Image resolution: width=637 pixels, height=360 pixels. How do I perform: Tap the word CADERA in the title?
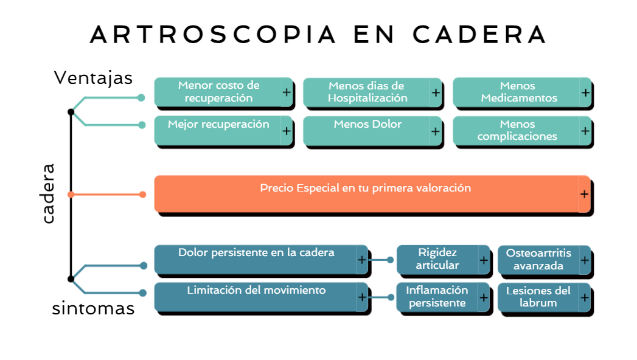pos(479,34)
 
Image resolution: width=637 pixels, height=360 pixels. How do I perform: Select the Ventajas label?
pos(93,78)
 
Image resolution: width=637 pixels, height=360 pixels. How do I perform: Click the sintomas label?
pos(93,308)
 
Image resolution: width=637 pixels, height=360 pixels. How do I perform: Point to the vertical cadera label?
pos(49,193)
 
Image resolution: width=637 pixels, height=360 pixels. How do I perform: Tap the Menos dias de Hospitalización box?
pos(366,92)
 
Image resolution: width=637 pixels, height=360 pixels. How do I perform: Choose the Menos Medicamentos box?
pos(518,92)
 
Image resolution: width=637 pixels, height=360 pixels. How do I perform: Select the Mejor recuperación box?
pos(218,130)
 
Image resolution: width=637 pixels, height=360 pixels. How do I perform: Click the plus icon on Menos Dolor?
pos(436,131)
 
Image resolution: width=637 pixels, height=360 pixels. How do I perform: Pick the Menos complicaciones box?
pos(517,130)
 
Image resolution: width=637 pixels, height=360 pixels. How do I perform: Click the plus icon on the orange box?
pos(584,194)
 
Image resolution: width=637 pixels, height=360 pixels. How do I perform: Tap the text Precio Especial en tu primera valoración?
pos(365,189)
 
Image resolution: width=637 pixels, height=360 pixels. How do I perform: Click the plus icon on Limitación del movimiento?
pos(361,297)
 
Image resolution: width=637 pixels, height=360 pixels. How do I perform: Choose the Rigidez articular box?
pos(437,259)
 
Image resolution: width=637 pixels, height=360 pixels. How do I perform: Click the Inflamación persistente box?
pos(437,297)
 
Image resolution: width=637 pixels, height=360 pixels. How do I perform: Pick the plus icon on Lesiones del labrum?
pos(584,297)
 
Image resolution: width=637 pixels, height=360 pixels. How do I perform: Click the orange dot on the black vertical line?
pos(71,195)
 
